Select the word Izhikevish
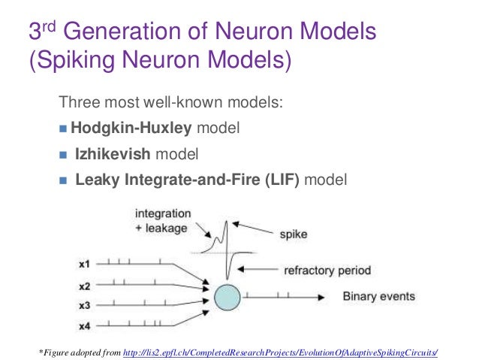point(113,155)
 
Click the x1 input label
point(85,265)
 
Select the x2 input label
point(85,286)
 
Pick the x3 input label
point(85,306)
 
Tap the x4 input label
point(85,325)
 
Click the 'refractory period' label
point(327,270)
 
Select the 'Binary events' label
point(378,296)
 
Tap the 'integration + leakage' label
point(162,220)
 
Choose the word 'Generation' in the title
point(132,34)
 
